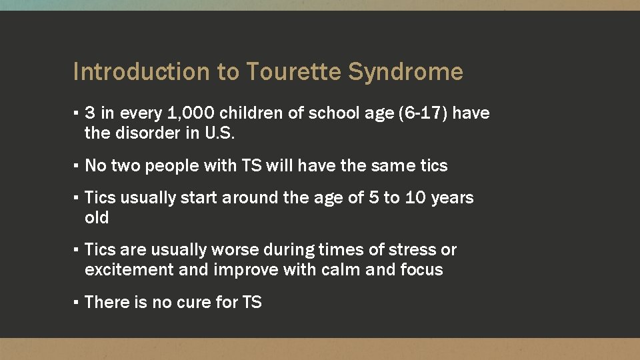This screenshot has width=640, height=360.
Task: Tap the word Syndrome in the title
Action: (406, 72)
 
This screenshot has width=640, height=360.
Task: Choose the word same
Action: (391, 165)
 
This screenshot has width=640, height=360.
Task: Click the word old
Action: (97, 218)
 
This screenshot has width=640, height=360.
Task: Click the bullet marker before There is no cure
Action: (77, 302)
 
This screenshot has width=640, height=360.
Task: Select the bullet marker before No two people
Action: (77, 165)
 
